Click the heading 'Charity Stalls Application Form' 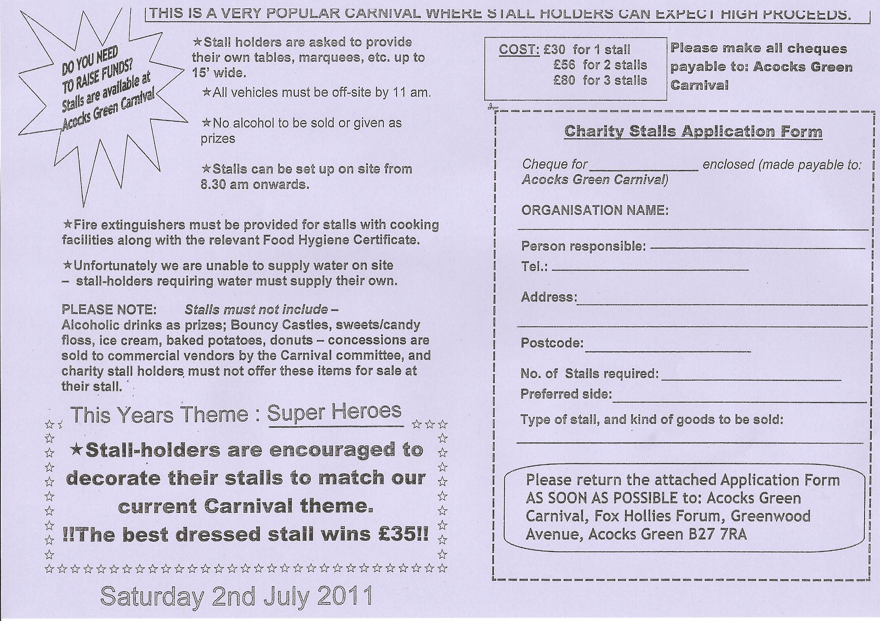tap(693, 131)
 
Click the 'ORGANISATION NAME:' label tap(595, 210)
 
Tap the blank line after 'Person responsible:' tap(757, 247)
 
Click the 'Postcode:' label tap(552, 343)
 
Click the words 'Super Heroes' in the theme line tap(334, 412)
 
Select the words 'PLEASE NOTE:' tap(109, 309)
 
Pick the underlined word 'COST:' tap(519, 50)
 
